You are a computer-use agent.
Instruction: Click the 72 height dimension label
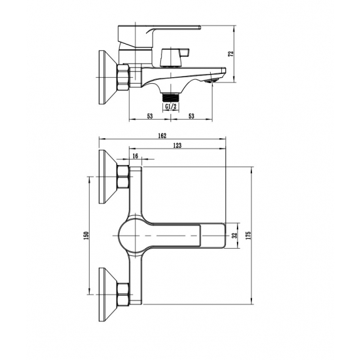[x=231, y=53]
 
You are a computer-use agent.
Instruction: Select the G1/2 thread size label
[x=171, y=106]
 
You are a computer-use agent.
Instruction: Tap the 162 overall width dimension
[x=162, y=135]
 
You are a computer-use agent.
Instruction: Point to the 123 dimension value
[x=177, y=145]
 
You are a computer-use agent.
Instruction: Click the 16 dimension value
[x=135, y=156]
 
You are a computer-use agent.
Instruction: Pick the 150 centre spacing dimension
[x=86, y=236]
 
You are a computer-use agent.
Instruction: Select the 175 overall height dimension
[x=249, y=236]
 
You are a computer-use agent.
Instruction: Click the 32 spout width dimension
[x=234, y=236]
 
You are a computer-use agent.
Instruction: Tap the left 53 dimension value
[x=150, y=116]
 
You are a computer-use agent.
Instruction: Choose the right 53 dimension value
[x=191, y=116]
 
